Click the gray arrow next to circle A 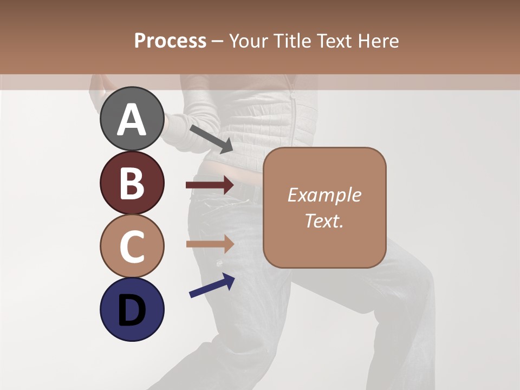(x=211, y=139)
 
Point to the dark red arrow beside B (x=210, y=185)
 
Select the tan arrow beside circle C (x=210, y=244)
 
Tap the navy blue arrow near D (x=212, y=285)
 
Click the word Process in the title (x=170, y=41)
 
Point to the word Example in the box (x=324, y=195)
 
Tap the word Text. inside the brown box (x=324, y=220)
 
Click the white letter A (x=132, y=120)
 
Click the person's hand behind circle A (x=99, y=87)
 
